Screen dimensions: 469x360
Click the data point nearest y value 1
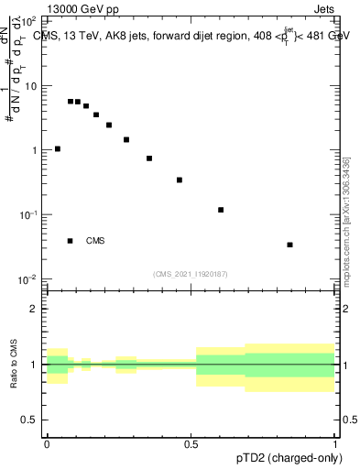pos(58,148)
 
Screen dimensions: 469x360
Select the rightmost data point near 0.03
pos(289,245)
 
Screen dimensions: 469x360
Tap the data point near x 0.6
pos(221,210)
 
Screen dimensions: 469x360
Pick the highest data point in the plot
pos(71,102)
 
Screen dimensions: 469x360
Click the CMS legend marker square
pos(71,241)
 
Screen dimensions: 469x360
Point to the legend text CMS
pos(95,241)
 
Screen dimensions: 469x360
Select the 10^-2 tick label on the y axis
pos(29,278)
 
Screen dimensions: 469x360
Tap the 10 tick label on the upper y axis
pos(32,85)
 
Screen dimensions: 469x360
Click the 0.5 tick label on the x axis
pos(191,442)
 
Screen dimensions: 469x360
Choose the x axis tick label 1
pos(336,442)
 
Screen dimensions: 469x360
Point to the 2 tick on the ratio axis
pos(36,309)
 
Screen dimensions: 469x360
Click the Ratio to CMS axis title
pos(15,364)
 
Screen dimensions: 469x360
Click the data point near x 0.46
pos(180,180)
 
